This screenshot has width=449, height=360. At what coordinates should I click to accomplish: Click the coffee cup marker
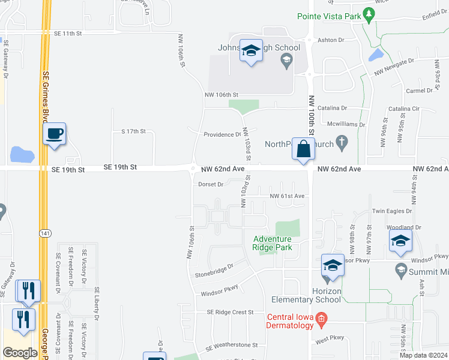pos(55,133)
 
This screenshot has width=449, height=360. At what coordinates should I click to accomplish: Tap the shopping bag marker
pos(303,148)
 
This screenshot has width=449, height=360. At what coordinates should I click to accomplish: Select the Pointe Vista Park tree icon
pos(366,16)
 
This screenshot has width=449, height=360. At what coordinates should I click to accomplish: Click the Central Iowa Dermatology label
pos(291,321)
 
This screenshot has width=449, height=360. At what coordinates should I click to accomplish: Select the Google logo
pos(20,353)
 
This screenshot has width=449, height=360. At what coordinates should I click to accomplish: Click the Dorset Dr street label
pos(211,184)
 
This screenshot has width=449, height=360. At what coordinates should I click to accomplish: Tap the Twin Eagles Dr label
pos(392,211)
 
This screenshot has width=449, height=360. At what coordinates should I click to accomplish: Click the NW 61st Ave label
pos(288,196)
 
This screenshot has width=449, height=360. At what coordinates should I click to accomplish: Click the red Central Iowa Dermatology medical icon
pos(321,317)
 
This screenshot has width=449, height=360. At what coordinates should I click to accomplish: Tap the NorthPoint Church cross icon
pos(342,142)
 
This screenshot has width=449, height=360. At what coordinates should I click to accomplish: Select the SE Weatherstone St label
pos(231,346)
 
